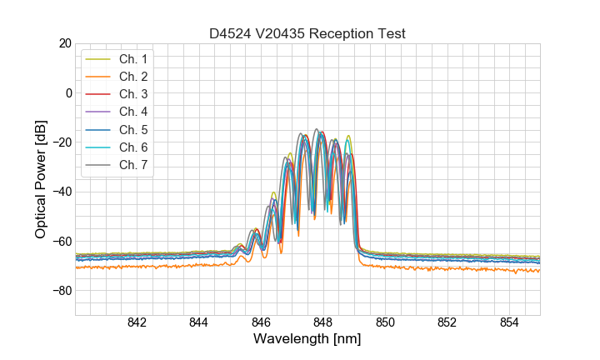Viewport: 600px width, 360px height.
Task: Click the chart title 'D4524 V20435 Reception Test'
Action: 307,33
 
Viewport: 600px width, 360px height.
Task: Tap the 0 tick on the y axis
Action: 69,92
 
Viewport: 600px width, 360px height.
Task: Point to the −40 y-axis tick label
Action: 62,192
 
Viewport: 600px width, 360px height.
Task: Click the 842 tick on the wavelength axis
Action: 137,323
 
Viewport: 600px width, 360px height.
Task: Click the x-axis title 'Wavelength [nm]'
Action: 307,340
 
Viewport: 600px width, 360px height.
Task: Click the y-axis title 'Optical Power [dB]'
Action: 40,179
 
